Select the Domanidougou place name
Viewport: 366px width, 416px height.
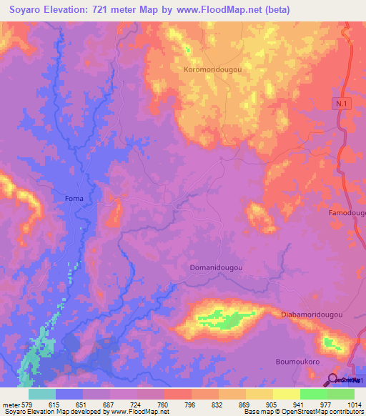point(217,268)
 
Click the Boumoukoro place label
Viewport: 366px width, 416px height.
point(297,362)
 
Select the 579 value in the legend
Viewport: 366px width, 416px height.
point(19,404)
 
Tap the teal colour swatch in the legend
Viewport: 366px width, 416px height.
point(42,394)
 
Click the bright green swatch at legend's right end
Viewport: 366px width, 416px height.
point(341,394)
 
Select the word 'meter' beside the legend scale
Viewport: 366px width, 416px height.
point(6,404)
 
